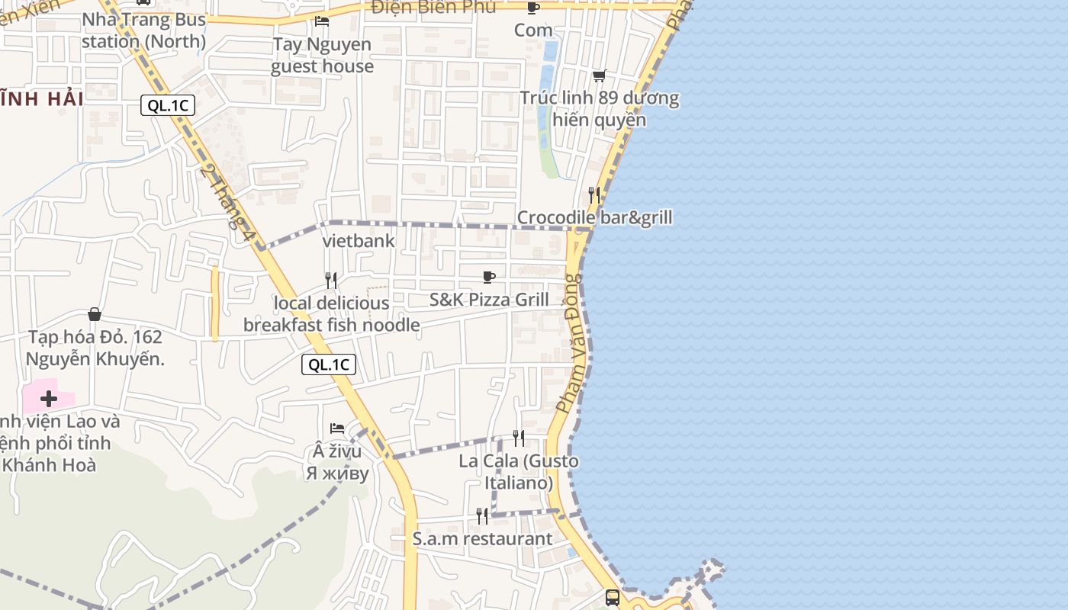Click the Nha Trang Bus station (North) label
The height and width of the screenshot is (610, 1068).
[x=144, y=30]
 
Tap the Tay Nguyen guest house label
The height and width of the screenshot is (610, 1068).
[x=322, y=55]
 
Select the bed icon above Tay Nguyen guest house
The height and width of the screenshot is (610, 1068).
[x=322, y=21]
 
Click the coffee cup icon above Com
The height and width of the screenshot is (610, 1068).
[x=532, y=8]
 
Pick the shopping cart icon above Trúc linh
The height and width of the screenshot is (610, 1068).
[x=599, y=75]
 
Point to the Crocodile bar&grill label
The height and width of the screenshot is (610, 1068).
[x=595, y=218]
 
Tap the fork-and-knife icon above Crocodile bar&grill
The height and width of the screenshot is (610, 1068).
[x=594, y=195]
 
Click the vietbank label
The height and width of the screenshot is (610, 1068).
[x=359, y=241]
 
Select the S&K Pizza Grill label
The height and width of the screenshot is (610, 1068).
[x=489, y=300]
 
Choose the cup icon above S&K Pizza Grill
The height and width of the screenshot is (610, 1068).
[x=489, y=277]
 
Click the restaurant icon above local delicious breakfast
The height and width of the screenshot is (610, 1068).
[x=331, y=281]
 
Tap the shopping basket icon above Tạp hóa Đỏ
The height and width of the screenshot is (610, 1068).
[x=95, y=314]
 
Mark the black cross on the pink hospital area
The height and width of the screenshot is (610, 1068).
[x=49, y=399]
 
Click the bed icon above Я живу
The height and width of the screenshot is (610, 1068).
[x=337, y=428]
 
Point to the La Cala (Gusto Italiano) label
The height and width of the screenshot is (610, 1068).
[x=519, y=472]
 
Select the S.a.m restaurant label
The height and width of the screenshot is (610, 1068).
[x=482, y=539]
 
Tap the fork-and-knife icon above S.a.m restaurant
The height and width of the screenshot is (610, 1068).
[x=482, y=516]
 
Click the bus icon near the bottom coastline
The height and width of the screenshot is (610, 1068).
[x=613, y=597]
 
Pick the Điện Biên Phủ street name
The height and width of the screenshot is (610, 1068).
[x=433, y=8]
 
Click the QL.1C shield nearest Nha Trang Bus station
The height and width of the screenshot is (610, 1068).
[x=168, y=106]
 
